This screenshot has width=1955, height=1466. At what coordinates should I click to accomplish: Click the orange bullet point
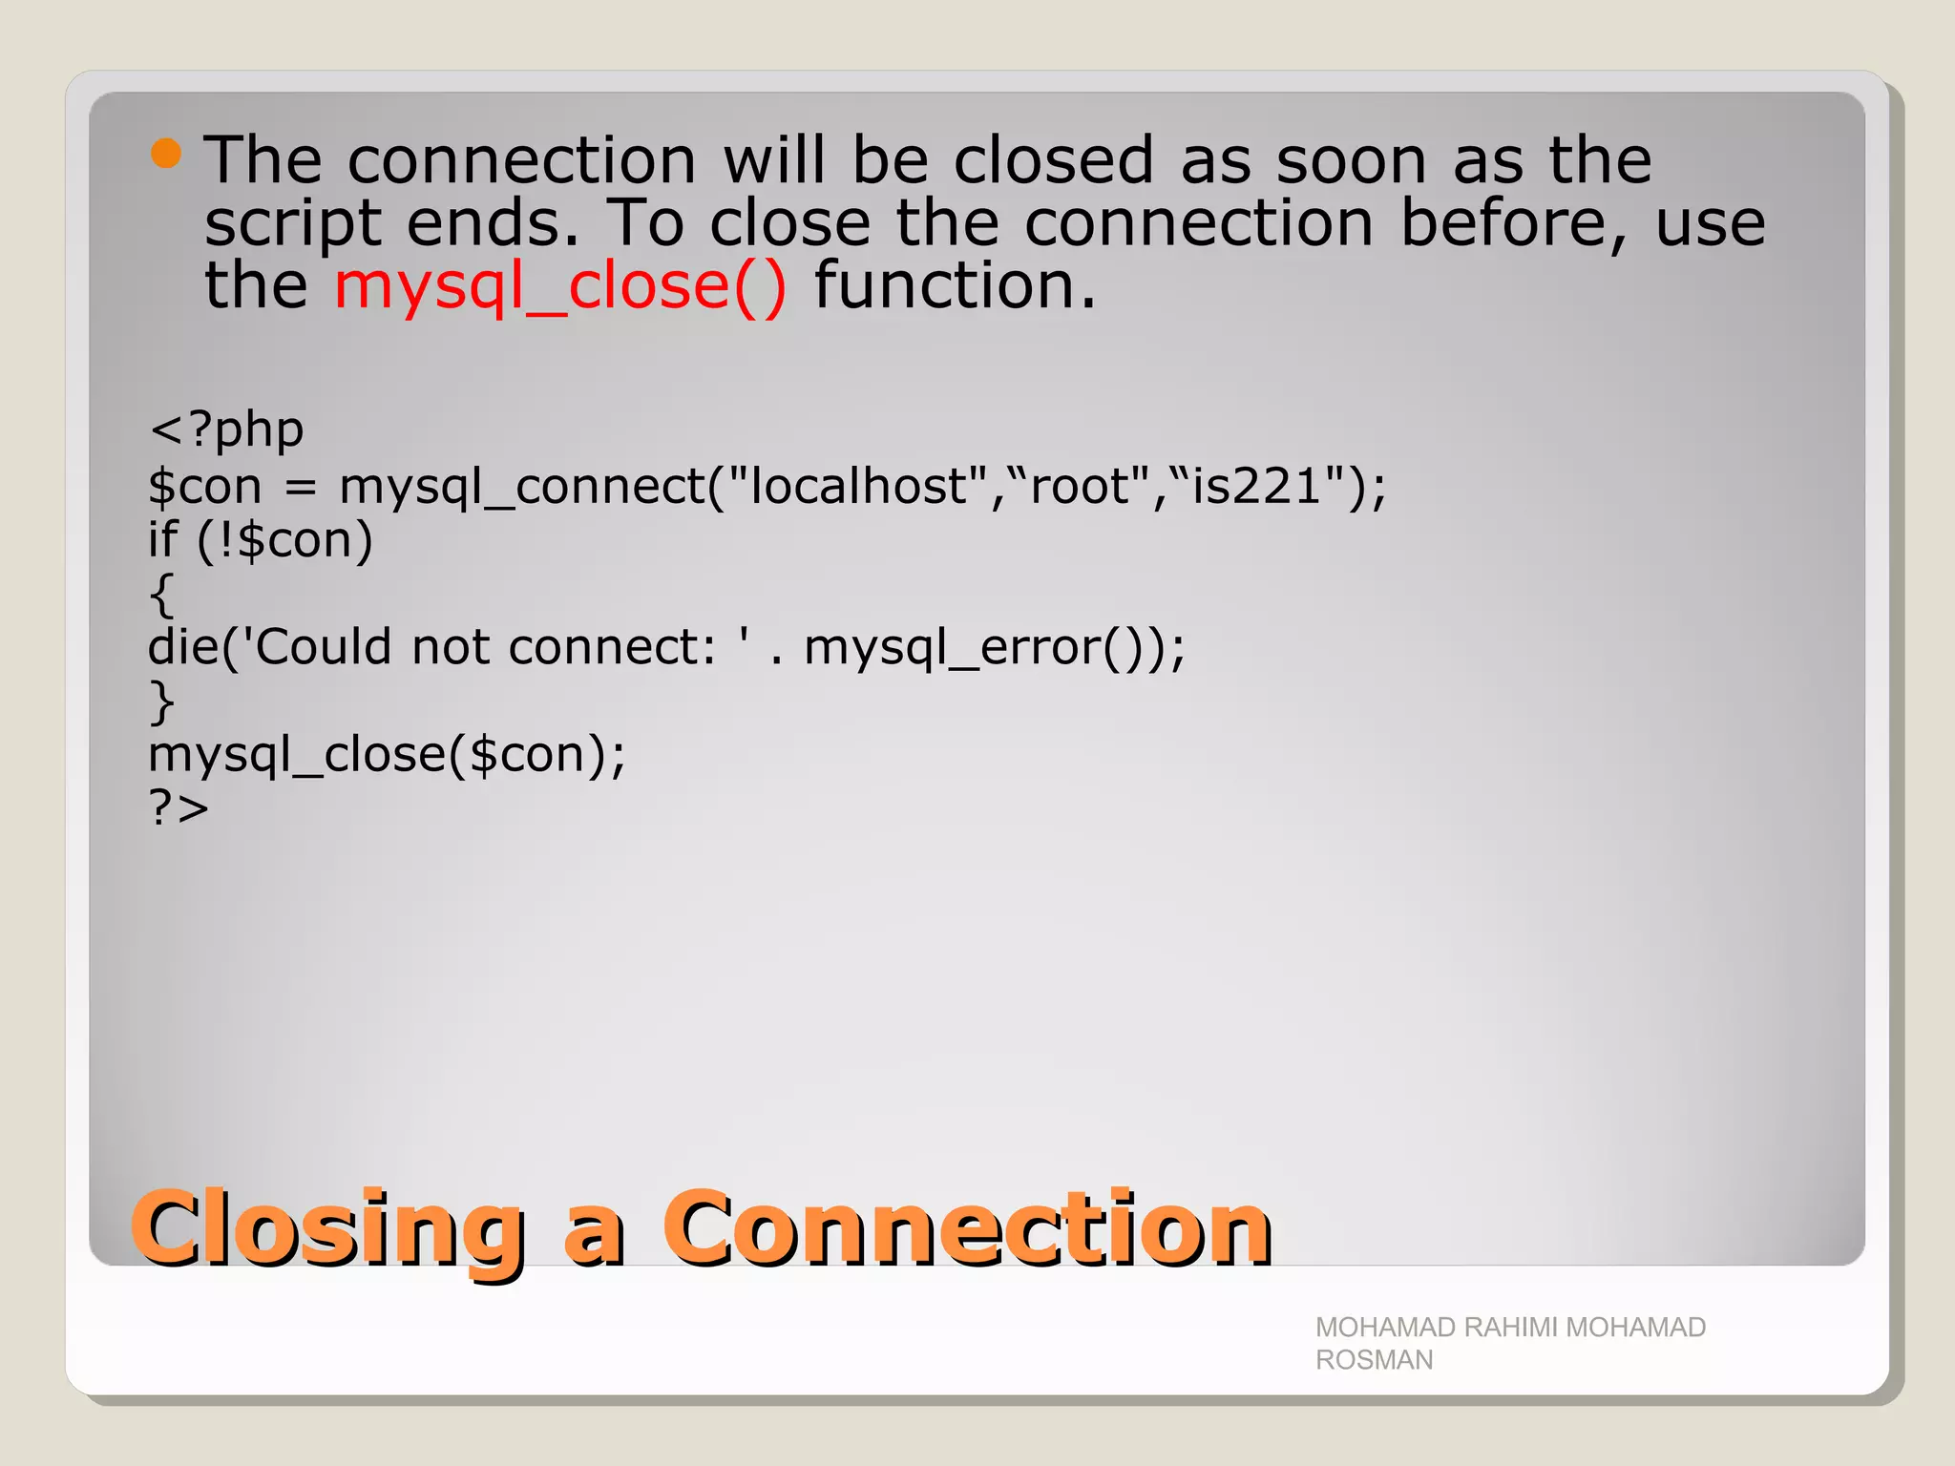(166, 154)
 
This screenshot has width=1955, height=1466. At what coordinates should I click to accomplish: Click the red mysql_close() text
(560, 285)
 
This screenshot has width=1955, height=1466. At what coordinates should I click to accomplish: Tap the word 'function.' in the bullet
(955, 285)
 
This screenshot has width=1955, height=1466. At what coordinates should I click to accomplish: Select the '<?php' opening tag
(226, 429)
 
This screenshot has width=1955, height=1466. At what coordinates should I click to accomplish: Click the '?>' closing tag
(179, 808)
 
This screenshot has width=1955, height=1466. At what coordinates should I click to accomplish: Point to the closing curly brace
(161, 702)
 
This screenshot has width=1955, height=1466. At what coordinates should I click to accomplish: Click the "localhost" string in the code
(857, 486)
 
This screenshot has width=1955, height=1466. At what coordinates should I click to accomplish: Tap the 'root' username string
(1080, 486)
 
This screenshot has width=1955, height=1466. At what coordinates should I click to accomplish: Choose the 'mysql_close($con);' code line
(387, 755)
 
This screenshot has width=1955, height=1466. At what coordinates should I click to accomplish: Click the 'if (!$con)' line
(260, 540)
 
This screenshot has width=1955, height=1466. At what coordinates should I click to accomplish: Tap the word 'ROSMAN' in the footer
(1374, 1360)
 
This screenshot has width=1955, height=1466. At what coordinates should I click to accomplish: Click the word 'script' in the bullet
(293, 223)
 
